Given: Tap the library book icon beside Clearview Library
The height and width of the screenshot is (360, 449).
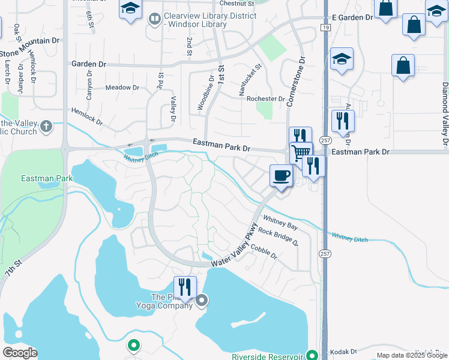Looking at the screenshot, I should (154, 20).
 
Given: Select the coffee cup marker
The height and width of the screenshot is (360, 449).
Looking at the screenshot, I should (281, 176).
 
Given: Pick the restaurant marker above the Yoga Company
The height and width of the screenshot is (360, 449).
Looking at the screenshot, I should (184, 287).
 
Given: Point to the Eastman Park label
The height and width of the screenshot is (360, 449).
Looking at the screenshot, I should (47, 178).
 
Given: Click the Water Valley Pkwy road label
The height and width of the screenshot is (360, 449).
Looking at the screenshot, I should (235, 247).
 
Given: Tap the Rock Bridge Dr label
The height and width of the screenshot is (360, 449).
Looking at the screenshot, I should (278, 237).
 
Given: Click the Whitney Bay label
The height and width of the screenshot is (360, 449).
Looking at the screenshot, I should (280, 223).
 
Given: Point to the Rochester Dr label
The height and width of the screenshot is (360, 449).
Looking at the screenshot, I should (266, 99).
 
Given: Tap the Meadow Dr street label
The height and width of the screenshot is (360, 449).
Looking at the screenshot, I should (122, 88).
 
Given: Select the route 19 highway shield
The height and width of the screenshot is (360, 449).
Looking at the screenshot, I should (324, 28).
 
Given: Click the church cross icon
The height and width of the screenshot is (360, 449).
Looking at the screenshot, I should (46, 127).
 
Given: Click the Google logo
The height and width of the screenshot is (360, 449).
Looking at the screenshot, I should (19, 353).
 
